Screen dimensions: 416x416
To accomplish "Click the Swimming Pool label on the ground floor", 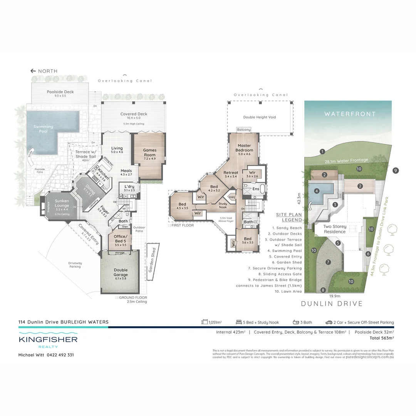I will pyautogui.click(x=43, y=129).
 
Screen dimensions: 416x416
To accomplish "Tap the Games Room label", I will pyautogui.click(x=149, y=153).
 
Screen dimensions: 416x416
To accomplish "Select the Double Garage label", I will pyautogui.click(x=120, y=273).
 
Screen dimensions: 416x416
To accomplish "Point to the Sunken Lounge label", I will pyautogui.click(x=62, y=203).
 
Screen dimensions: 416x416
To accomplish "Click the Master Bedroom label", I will pyautogui.click(x=245, y=148).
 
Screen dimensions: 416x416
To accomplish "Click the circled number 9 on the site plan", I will pyautogui.click(x=396, y=170).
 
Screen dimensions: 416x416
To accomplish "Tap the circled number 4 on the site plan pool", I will pyautogui.click(x=316, y=191).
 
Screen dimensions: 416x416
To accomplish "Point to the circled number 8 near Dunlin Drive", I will pyautogui.click(x=323, y=290).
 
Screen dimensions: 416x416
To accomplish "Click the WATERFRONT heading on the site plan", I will pyautogui.click(x=350, y=114).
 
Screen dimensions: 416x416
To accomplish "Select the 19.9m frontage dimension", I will pyautogui.click(x=335, y=296).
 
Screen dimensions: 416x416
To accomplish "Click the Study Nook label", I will pyautogui.click(x=223, y=205).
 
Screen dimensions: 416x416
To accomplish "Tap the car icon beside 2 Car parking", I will pyautogui.click(x=329, y=322).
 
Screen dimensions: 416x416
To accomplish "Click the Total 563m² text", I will pyautogui.click(x=381, y=338).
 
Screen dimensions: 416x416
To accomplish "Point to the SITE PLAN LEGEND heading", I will pyautogui.click(x=289, y=217).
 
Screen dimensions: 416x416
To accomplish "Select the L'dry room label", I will pyautogui.click(x=129, y=188).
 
